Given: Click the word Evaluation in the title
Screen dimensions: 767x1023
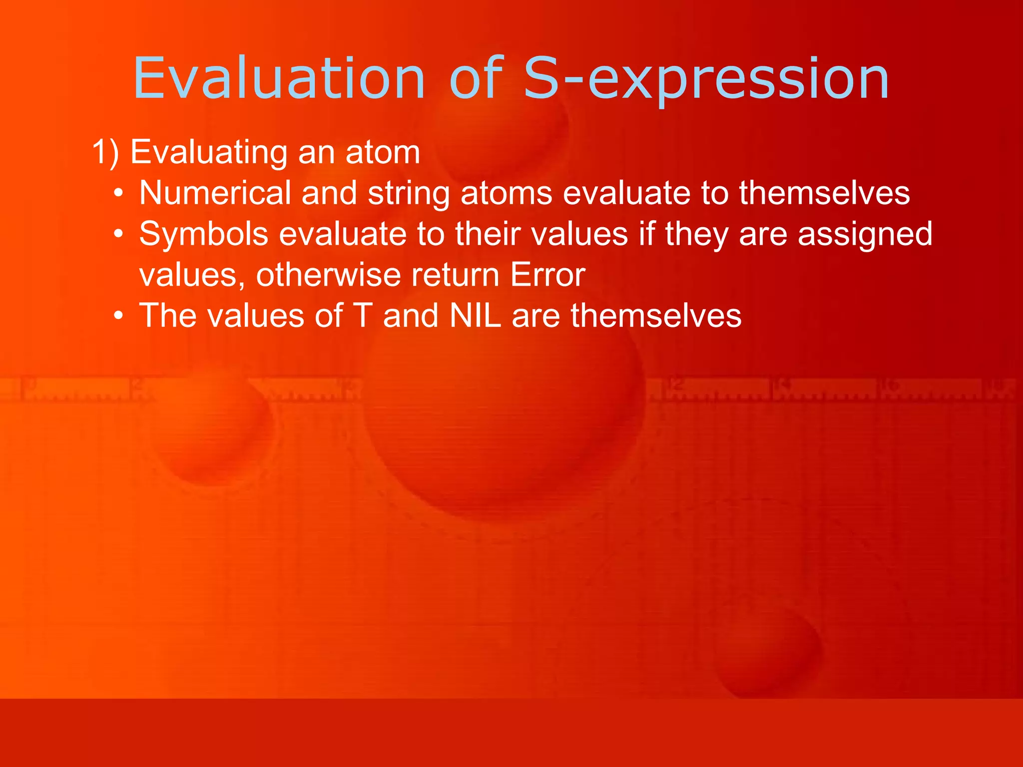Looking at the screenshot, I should coord(279,79).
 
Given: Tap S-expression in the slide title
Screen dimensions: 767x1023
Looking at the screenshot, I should coord(705,79).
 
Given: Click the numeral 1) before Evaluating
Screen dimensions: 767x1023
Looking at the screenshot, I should coord(105,152).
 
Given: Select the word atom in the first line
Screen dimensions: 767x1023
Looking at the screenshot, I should coord(383,152).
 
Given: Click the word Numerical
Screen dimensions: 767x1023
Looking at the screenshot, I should coord(215,193).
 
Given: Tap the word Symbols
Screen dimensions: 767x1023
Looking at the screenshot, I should coord(203,234).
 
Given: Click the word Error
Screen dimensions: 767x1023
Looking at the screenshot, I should coord(547,275).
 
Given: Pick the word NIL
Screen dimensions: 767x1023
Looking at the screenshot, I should coord(475,316).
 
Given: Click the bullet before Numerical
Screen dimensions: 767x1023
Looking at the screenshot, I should coord(118,194).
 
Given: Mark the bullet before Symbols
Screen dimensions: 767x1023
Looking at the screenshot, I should coord(118,235).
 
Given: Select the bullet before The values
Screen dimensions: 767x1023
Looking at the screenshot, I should coord(118,317).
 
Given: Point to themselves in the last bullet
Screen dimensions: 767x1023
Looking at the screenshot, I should coord(656,316).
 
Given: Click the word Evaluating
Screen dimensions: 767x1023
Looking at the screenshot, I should coord(208,152).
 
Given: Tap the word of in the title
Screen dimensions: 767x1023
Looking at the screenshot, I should coord(476,79).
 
